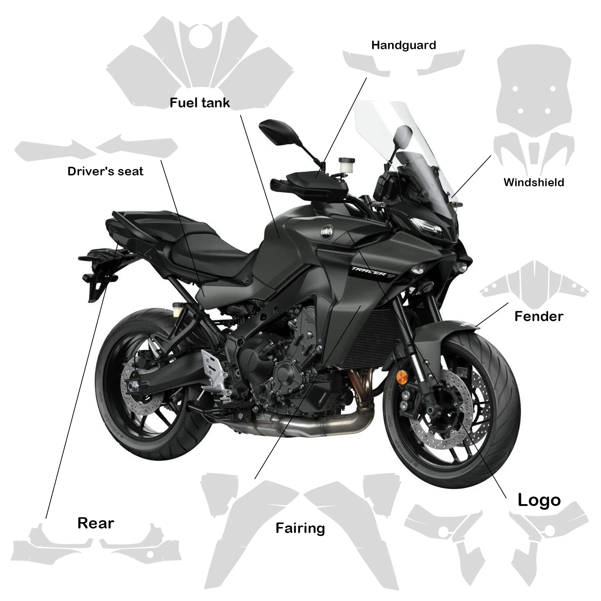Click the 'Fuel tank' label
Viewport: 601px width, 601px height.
199,103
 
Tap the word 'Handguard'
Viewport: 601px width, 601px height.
403,45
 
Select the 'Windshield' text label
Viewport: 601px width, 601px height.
533,183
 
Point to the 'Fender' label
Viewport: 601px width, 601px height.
539,316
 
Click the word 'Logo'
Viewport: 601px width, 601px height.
539,500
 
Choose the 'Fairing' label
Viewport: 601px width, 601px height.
300,528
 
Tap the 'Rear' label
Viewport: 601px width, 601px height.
96,523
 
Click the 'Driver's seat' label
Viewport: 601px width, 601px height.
106,171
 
